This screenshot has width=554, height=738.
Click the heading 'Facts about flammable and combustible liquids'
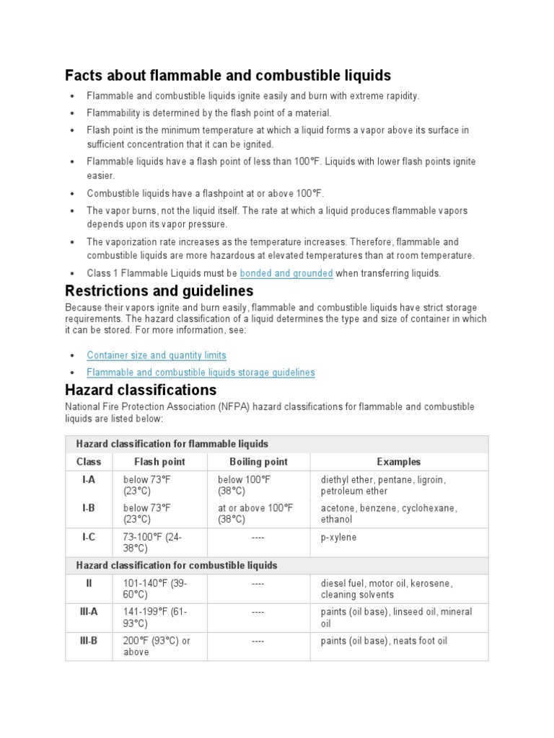point(227,75)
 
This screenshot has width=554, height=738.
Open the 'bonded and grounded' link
point(286,273)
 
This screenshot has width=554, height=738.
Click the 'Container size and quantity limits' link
point(157,355)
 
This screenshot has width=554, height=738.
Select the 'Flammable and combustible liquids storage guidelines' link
point(201,373)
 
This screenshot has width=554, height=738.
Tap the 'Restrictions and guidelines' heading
point(159,291)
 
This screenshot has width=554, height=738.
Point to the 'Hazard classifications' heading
point(140,390)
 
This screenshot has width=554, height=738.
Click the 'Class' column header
point(89,462)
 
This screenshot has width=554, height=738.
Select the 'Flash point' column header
point(159,462)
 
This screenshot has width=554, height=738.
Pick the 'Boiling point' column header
point(258,462)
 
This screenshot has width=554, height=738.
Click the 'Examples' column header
point(399,462)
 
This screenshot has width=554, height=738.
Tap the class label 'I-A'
point(89,479)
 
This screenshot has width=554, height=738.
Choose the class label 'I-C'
point(89,537)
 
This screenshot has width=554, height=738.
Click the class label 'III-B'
point(89,641)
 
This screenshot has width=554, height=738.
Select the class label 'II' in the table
point(89,583)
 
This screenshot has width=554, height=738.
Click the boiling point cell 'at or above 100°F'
point(255,513)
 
